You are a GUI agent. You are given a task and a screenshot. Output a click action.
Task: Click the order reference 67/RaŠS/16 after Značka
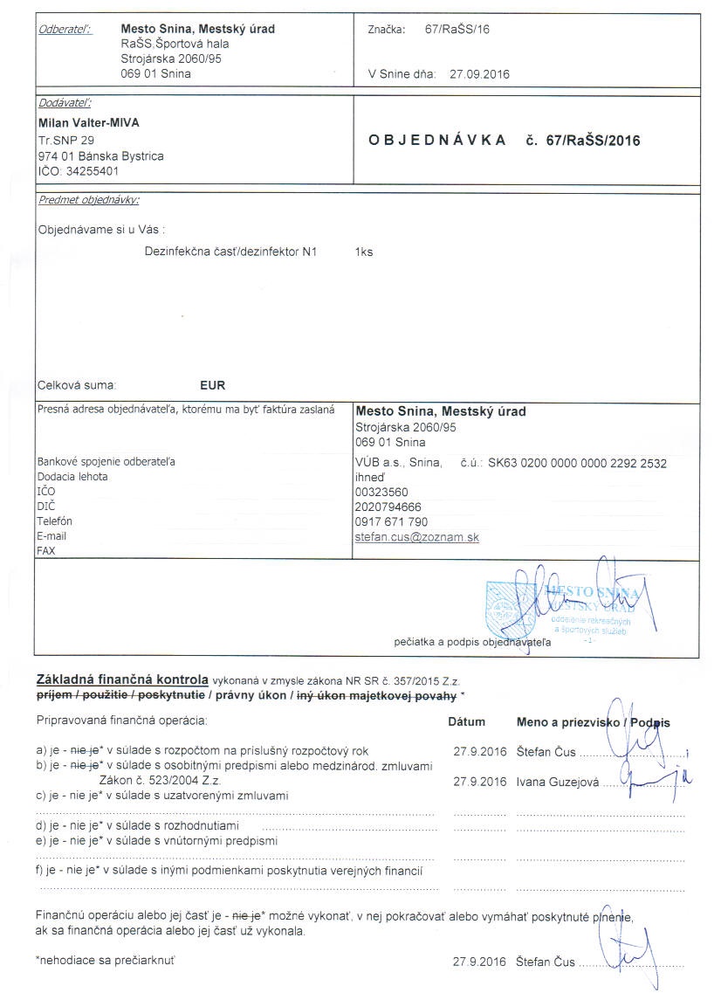point(457,30)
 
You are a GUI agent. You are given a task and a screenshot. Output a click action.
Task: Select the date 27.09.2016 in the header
point(479,74)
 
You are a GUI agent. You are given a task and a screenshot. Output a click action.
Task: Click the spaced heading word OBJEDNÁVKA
point(437,141)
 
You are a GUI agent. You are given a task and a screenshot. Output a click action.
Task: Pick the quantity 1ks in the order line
point(364,252)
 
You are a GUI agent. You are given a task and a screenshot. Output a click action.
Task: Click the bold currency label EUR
point(213,384)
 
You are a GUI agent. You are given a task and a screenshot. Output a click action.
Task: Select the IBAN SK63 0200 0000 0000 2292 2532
point(577,464)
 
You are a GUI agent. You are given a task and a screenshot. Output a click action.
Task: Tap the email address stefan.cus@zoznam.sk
point(417,536)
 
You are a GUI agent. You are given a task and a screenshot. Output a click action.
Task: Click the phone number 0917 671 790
point(392,521)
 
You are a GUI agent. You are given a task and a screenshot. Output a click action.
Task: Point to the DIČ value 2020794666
point(388,507)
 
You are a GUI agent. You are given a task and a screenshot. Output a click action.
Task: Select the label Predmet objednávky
point(88,200)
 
